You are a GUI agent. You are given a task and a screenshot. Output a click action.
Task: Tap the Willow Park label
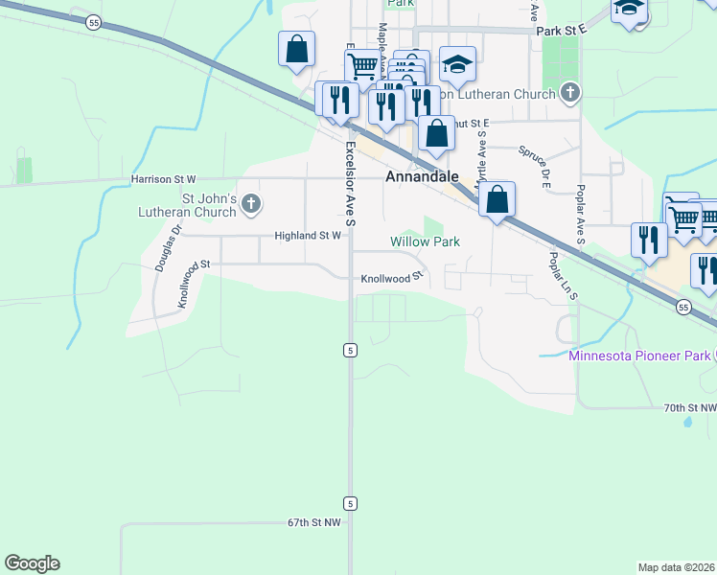coord(425,241)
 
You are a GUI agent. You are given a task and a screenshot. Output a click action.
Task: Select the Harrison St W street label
coord(164,179)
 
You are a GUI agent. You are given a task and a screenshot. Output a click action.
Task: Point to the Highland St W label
coord(308,235)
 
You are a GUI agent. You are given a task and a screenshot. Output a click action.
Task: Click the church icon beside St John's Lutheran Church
coord(251,203)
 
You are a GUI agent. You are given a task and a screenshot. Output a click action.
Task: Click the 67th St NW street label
coord(313,523)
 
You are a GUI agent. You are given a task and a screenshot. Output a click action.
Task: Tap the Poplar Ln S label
coord(562,276)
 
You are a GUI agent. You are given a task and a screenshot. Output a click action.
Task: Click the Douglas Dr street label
coord(167,250)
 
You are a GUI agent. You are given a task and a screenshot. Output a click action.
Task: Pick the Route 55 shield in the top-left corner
coord(92,22)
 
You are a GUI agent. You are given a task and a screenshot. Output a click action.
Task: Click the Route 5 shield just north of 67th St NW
coord(351,503)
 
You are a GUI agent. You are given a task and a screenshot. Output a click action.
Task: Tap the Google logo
coord(32,563)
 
